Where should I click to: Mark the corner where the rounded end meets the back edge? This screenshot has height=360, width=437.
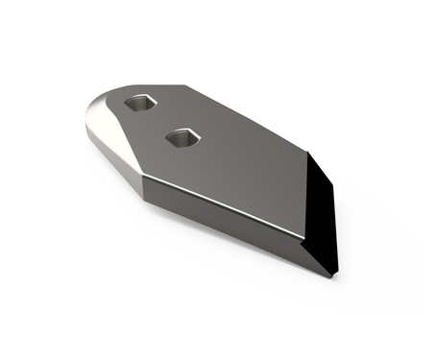pyautogui.click(x=182, y=86)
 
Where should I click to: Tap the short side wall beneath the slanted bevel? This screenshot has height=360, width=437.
pyautogui.click(x=115, y=163)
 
